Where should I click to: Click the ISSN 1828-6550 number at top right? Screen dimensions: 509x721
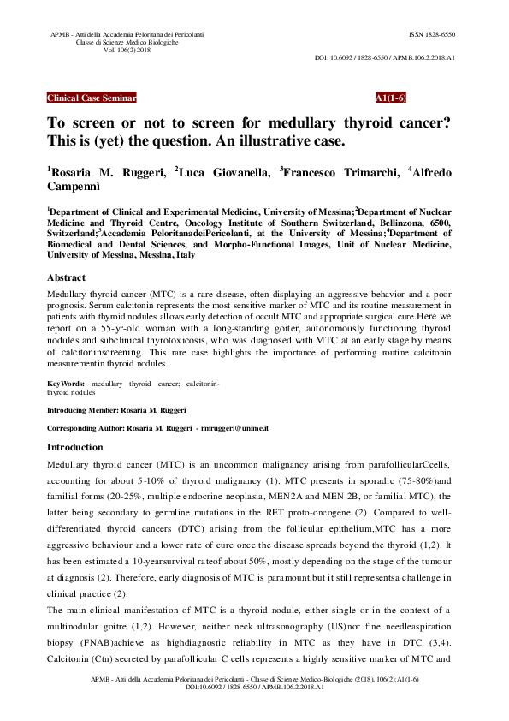(433, 35)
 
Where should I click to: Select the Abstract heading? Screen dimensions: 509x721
(66, 278)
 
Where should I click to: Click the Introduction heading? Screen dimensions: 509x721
(74, 447)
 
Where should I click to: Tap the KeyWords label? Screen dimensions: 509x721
(65, 384)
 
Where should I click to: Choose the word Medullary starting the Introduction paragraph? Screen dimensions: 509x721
(69, 463)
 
